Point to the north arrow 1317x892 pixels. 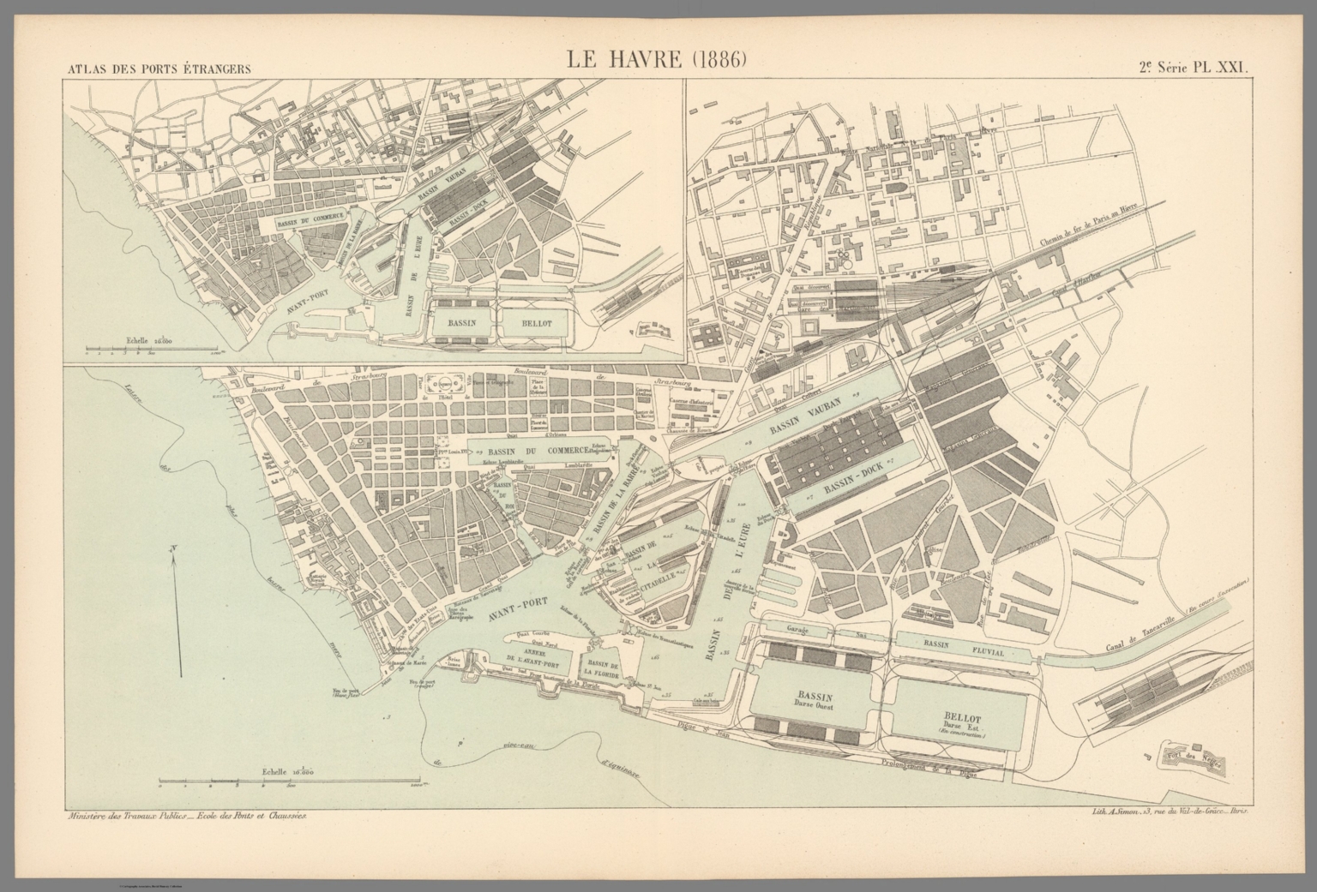pos(175,613)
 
